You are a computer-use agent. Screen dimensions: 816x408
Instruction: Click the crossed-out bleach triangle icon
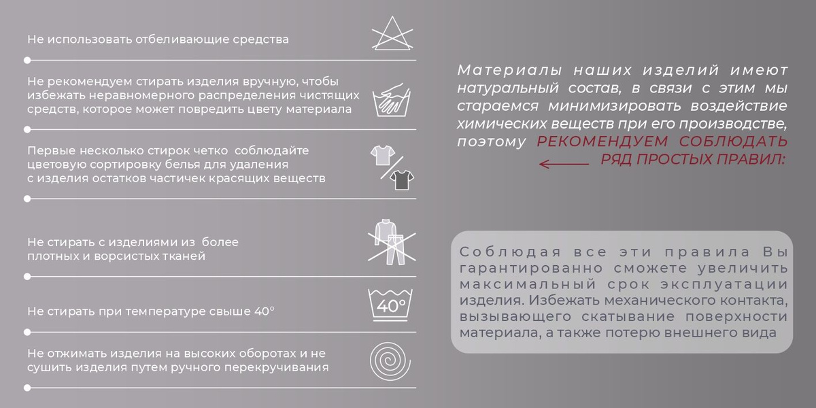pos(392,33)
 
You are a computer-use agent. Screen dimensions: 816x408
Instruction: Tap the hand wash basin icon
pos(392,100)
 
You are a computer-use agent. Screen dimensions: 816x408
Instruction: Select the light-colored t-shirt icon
pos(383,155)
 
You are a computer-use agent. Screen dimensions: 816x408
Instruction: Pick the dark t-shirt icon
pos(402,180)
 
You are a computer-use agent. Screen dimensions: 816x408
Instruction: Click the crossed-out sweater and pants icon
pos(392,242)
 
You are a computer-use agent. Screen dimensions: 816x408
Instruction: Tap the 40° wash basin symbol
pos(390,305)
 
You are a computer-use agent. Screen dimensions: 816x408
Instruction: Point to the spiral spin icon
pos(390,360)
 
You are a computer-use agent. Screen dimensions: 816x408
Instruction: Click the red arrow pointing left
pos(564,164)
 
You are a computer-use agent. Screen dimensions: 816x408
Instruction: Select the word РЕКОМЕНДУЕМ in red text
pos(602,141)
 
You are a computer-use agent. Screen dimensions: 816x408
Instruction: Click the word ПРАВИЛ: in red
pos(751,159)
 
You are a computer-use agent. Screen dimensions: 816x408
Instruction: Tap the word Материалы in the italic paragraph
pos(509,70)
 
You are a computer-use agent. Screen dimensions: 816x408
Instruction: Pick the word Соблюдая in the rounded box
pos(510,252)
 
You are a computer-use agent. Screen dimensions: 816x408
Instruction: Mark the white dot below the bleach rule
pos(27,60)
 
